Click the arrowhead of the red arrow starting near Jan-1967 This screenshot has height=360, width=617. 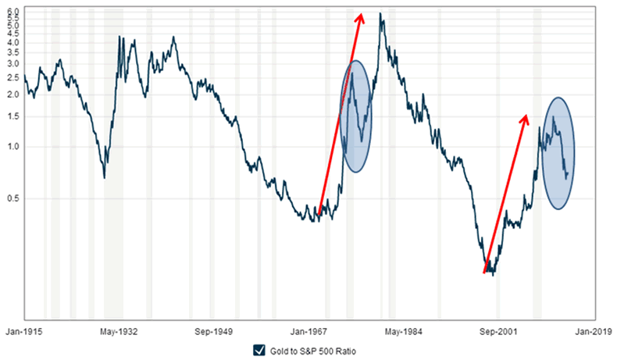tap(360, 16)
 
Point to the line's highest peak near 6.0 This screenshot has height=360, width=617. tap(380, 13)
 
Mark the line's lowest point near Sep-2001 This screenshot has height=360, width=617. tap(494, 275)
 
